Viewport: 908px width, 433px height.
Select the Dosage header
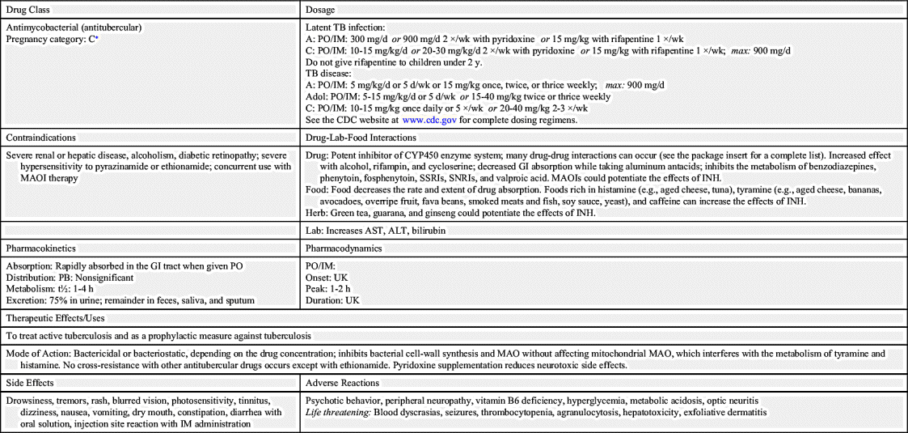[x=321, y=10]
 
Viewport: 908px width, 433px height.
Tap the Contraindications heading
[x=41, y=138]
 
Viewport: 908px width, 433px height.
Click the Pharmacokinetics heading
[x=40, y=248]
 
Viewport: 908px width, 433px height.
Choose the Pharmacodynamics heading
[x=345, y=248]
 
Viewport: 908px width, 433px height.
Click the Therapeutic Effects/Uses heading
[x=55, y=318]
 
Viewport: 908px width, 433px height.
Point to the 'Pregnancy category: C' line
[x=52, y=38]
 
